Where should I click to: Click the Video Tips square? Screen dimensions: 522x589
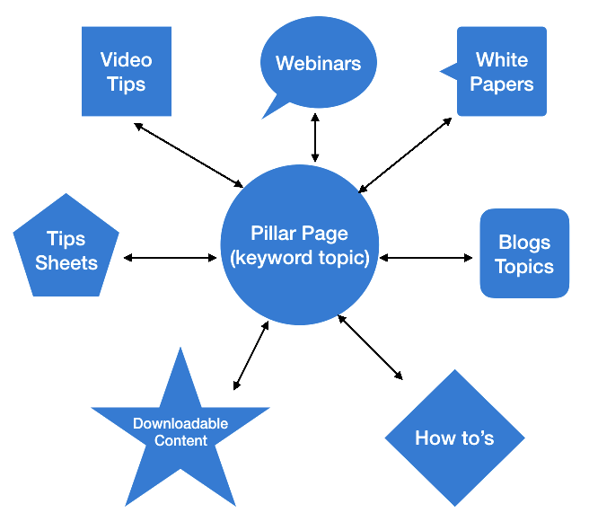(x=126, y=72)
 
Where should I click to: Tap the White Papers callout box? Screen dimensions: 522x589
(x=502, y=72)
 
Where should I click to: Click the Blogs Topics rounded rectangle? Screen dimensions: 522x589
(x=524, y=253)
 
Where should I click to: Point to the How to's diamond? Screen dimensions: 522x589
(x=454, y=438)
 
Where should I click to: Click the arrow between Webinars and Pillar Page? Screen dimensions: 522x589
(x=314, y=137)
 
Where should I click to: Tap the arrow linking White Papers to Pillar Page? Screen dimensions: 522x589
(x=406, y=154)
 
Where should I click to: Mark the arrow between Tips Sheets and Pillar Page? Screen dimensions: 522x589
(x=171, y=258)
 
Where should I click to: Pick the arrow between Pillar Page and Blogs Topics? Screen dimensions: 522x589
(x=426, y=258)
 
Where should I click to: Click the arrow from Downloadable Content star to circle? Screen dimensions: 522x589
(x=251, y=355)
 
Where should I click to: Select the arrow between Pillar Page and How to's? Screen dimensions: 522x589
(x=370, y=345)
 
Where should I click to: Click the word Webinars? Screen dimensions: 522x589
(x=318, y=64)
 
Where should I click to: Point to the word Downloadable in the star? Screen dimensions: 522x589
(x=180, y=423)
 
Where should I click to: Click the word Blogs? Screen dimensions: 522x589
(x=524, y=243)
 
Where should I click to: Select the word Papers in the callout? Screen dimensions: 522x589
(x=502, y=84)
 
